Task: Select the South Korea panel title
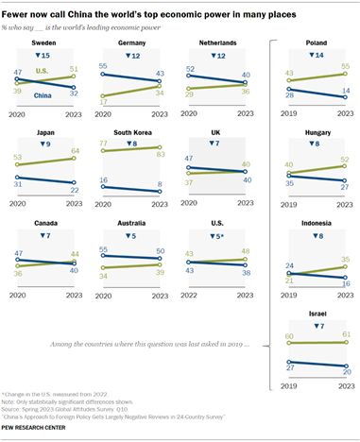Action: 136,134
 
